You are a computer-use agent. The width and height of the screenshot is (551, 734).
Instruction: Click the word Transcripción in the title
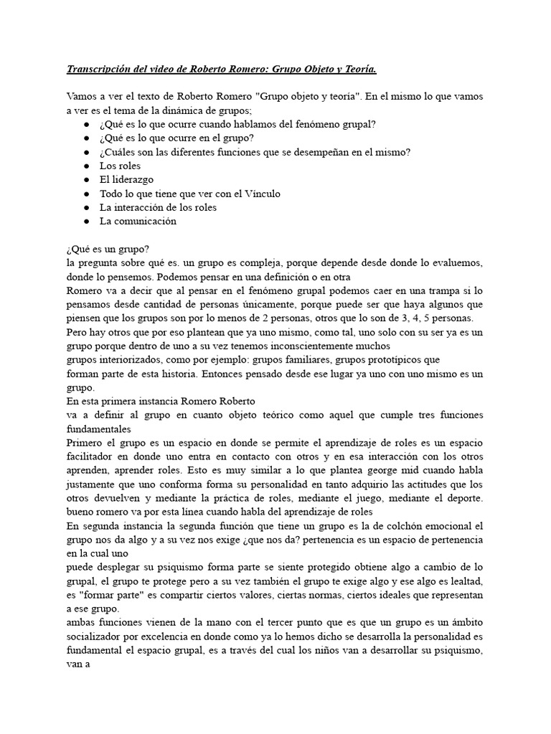tap(98, 69)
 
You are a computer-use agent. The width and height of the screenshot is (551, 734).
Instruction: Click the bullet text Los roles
tap(121, 166)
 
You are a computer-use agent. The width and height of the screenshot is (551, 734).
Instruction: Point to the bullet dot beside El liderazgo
tap(86, 180)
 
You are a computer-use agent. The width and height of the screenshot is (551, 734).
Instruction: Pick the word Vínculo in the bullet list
tap(261, 194)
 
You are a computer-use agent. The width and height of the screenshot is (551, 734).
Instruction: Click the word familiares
tap(306, 360)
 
